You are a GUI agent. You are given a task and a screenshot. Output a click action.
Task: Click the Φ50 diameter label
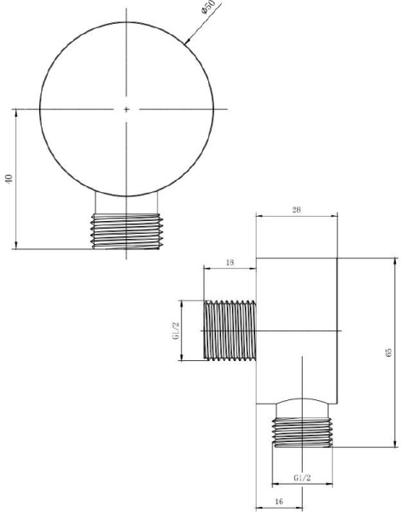[208, 7]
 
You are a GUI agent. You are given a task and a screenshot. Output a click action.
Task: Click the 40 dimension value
[9, 178]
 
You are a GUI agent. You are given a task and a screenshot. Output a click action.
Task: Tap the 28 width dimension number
[296, 210]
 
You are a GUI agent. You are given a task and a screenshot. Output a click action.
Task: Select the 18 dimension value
[230, 262]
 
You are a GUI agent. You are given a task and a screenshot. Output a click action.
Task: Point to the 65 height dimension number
[388, 352]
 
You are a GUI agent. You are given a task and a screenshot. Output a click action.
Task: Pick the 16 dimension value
[279, 501]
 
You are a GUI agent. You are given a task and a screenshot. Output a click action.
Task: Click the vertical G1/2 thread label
[176, 331]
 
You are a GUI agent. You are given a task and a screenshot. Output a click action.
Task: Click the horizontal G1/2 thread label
[302, 478]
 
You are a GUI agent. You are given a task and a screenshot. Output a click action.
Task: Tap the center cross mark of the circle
[126, 109]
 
